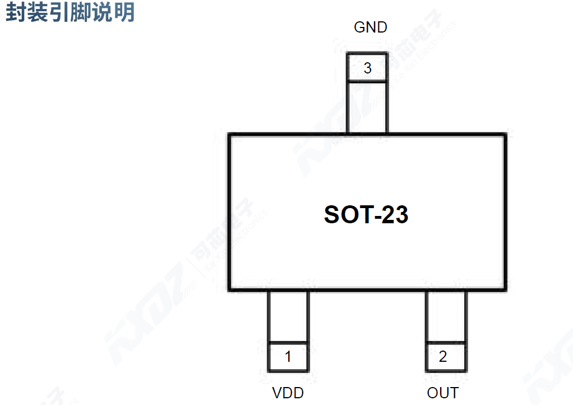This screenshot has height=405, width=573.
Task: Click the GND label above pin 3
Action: click(x=370, y=27)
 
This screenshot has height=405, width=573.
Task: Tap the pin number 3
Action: click(x=367, y=68)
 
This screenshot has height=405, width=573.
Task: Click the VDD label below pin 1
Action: click(x=288, y=393)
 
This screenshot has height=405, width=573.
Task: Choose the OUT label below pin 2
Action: click(x=442, y=393)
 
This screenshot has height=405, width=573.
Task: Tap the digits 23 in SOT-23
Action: click(x=395, y=215)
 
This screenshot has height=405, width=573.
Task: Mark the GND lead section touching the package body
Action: click(x=367, y=108)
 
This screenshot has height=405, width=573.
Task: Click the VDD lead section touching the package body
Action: click(x=288, y=316)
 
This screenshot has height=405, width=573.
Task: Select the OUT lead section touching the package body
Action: click(x=446, y=316)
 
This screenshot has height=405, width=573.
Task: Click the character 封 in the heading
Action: click(x=16, y=12)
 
